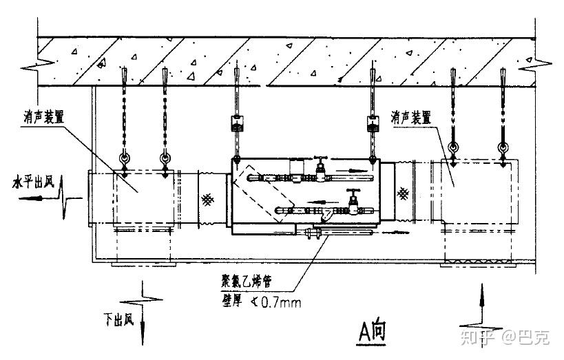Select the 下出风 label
click(x=119, y=319)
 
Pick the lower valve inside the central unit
click(x=353, y=202)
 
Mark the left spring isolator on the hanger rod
click(x=236, y=124)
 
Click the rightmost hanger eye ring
click(x=503, y=147)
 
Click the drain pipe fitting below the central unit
click(x=313, y=235)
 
